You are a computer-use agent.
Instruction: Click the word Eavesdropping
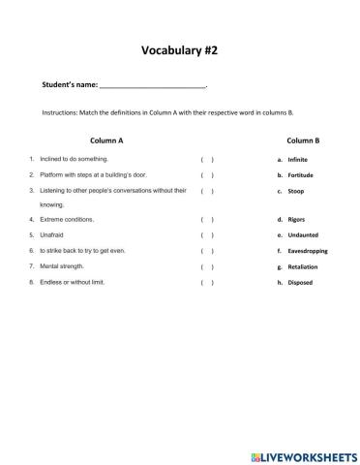pos(308,251)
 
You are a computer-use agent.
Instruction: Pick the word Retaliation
pos(304,266)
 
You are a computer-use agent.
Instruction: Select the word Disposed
pos(300,283)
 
